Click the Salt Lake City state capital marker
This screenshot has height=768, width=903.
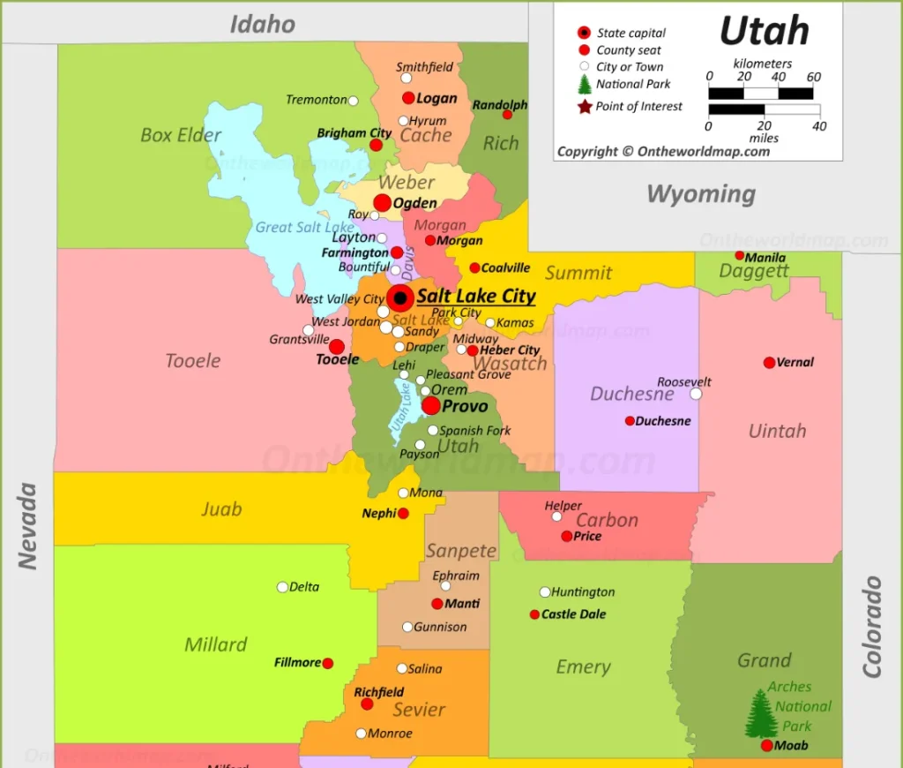coord(400,297)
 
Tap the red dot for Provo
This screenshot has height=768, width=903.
coord(431,405)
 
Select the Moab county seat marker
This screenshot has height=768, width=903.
coord(767,746)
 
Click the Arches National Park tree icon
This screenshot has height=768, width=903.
coord(761,714)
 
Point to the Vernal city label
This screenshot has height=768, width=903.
coord(795,362)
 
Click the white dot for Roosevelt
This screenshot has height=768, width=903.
coord(696,394)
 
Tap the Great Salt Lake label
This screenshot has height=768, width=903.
coord(304,228)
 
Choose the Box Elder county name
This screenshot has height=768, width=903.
coord(181,135)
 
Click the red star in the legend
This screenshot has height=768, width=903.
coord(584,107)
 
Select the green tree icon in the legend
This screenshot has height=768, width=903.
coord(584,85)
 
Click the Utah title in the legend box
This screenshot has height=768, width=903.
coord(764,32)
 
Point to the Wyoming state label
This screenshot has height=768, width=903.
coord(701,194)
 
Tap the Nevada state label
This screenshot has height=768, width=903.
coord(28,525)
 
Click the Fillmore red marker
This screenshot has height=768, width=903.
coord(328,663)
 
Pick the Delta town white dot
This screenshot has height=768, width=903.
coord(282,587)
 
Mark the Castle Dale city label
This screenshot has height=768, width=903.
coord(573,614)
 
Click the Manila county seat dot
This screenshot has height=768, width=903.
coord(740,255)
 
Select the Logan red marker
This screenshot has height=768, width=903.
coord(408,98)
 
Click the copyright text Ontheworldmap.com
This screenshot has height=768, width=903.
coord(663,151)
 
